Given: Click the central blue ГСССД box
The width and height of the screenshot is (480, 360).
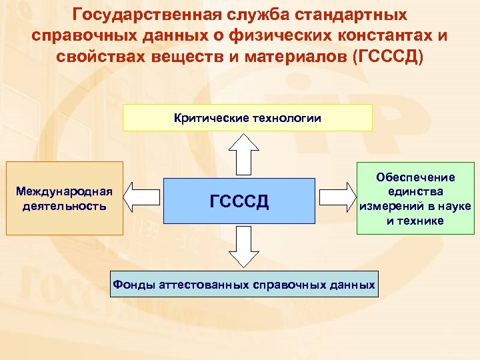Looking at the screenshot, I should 239,200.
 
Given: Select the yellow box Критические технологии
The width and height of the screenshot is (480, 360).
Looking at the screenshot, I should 247,118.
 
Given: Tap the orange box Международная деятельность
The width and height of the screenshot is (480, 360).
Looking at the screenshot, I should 64,199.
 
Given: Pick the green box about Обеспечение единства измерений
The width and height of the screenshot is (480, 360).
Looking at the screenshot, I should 415,199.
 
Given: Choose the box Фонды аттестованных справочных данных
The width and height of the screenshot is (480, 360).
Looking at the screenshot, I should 243,284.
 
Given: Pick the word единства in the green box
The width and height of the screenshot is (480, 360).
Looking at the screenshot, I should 415,191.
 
